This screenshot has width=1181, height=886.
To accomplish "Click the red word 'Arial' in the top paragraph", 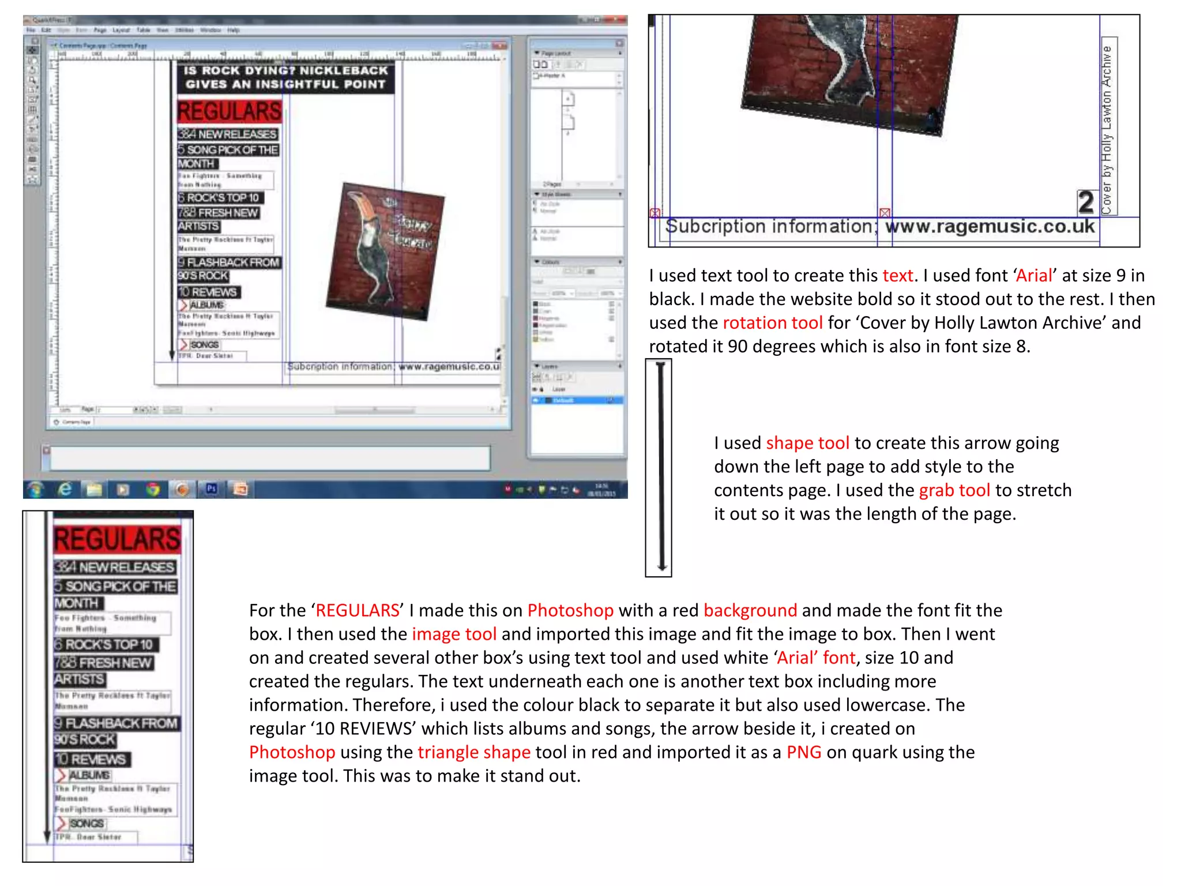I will click(1034, 276).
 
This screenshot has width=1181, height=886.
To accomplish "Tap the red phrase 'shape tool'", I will click(807, 443).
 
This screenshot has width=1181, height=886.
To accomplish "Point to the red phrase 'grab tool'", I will click(954, 490).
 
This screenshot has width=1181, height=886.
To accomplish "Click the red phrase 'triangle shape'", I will click(473, 752).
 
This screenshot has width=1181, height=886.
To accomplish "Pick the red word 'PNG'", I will click(804, 752).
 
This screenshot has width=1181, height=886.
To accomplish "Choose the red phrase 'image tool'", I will click(454, 634).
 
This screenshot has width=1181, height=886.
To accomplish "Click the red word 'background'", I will click(750, 610).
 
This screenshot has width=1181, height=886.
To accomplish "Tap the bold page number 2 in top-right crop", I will click(1086, 202).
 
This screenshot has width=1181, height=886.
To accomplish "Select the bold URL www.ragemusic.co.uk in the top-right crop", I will click(990, 226).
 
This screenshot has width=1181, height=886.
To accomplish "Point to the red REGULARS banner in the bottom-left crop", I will click(118, 540).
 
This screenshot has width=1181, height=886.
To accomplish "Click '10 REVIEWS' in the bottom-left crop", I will click(92, 760).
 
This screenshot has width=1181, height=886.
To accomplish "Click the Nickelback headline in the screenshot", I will click(285, 77).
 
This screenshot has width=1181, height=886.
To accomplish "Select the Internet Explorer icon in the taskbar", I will click(66, 490).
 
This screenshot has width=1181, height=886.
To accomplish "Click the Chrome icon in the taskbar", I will click(153, 490).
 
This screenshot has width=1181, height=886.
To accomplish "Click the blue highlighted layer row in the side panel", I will click(577, 400).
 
